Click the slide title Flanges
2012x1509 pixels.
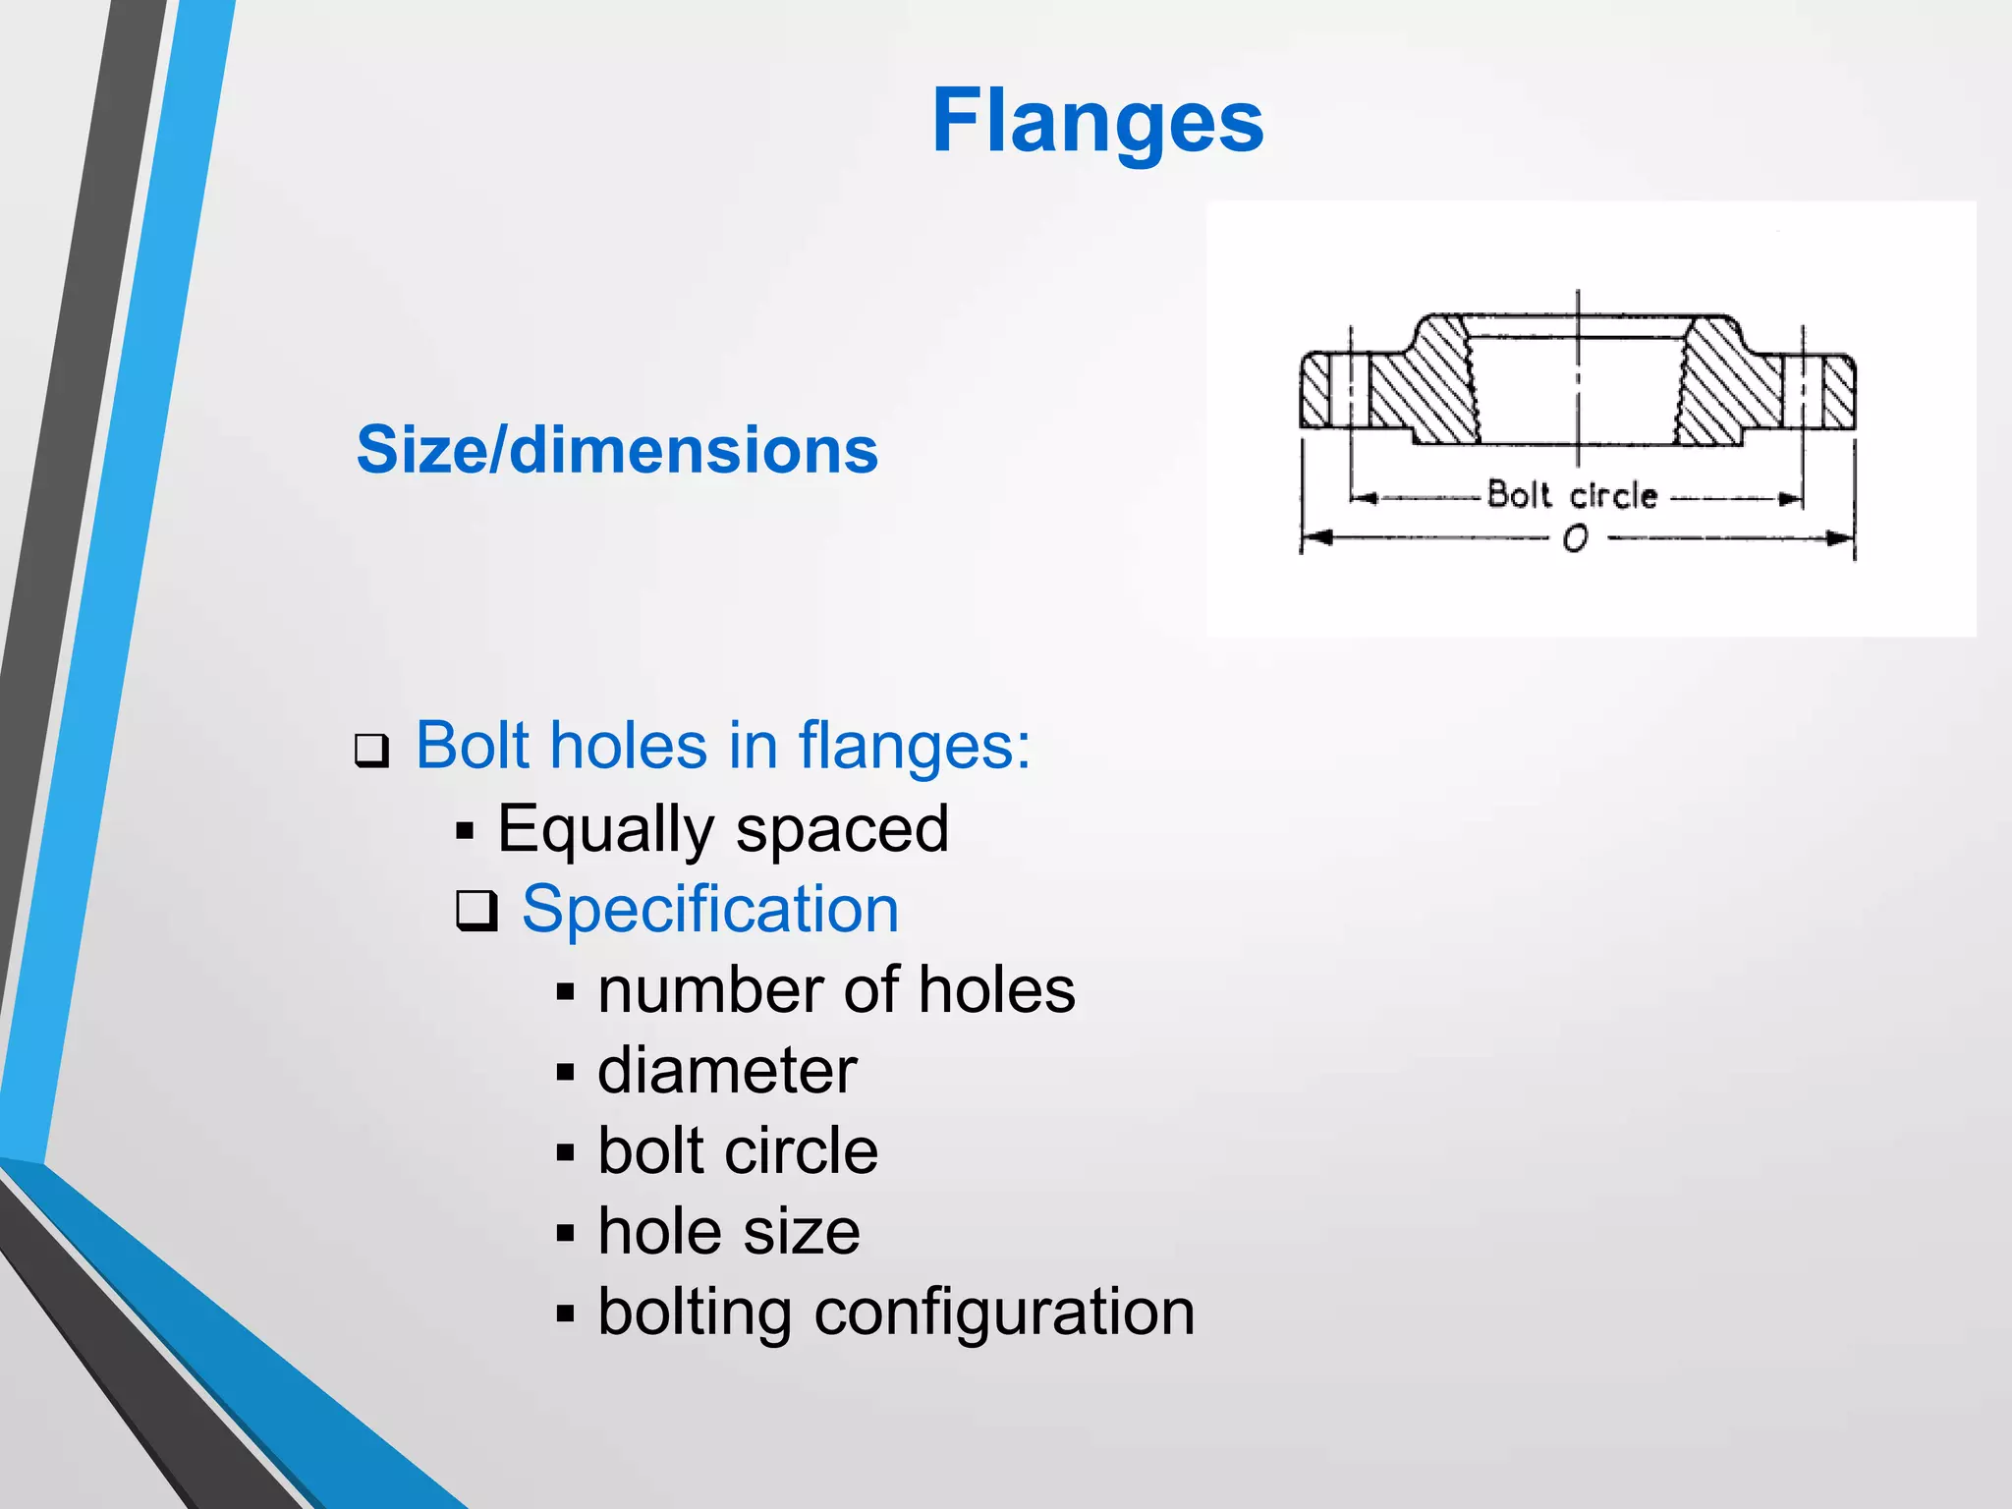tap(1097, 121)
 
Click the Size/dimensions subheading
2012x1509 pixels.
tap(617, 450)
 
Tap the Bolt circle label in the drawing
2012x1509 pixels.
tap(1572, 495)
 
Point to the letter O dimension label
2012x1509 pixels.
tap(1575, 539)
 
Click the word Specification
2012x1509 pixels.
tap(709, 909)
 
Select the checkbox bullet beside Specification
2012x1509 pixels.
tap(477, 911)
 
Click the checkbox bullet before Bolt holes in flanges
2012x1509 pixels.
tap(372, 752)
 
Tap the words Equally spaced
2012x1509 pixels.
tap(723, 828)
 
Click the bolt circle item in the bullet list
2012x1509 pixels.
tap(737, 1150)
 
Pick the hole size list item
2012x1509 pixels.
tap(729, 1231)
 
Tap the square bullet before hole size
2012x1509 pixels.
tap(565, 1233)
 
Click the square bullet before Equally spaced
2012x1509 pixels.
tap(465, 832)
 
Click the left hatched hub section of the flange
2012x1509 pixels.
tap(1429, 388)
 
